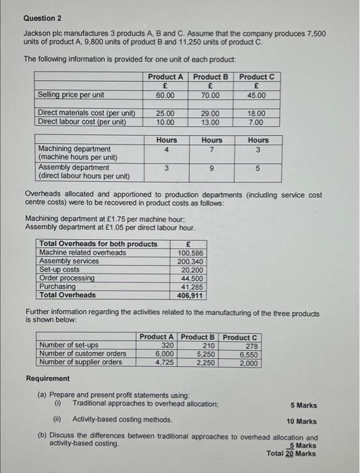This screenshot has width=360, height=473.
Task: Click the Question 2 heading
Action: [x=43, y=18]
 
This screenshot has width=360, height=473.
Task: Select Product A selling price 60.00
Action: [x=165, y=95]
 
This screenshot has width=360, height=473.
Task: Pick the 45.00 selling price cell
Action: [x=257, y=95]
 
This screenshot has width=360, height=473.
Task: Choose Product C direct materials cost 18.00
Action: [x=257, y=113]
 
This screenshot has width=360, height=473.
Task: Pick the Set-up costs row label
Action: [x=59, y=269]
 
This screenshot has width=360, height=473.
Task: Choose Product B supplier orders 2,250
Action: [x=205, y=362]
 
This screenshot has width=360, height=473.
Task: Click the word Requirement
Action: [x=47, y=378]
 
